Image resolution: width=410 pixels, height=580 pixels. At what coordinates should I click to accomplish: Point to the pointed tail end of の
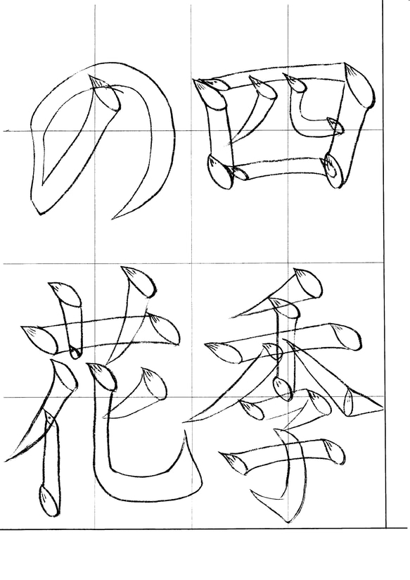(x=113, y=219)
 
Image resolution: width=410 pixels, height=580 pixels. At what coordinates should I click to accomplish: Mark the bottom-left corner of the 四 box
(x=219, y=172)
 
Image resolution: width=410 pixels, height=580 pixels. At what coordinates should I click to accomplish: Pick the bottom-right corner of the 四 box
(x=335, y=170)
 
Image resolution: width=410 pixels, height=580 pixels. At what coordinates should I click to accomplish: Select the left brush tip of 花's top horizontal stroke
(x=37, y=336)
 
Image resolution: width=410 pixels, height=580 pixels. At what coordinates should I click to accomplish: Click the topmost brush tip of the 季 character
(x=306, y=282)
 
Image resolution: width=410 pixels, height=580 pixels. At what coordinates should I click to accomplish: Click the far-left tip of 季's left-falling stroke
(x=186, y=421)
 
